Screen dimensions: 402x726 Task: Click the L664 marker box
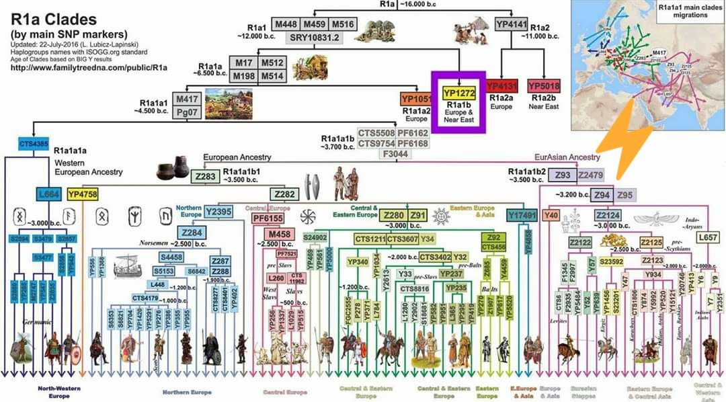[49, 194]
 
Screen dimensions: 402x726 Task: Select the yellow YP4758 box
[83, 194]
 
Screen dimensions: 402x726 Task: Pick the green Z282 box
[285, 194]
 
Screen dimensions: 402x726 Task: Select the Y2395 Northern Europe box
[220, 212]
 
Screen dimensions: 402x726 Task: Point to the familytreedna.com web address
[89, 67]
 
